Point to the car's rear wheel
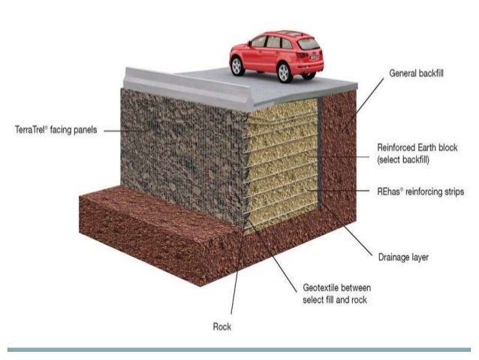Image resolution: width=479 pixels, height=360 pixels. point(285,72)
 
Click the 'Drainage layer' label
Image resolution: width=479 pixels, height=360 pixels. point(402,256)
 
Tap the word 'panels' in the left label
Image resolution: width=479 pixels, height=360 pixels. point(84,129)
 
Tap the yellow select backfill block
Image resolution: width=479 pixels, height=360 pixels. point(285,165)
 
